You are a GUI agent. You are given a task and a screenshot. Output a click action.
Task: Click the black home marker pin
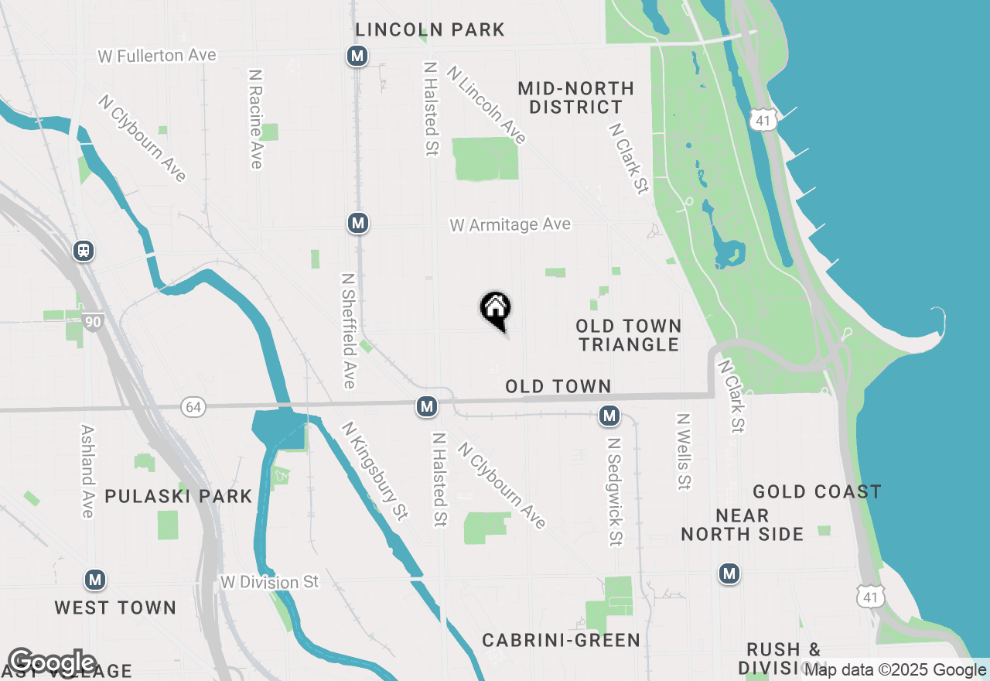pyautogui.click(x=496, y=310)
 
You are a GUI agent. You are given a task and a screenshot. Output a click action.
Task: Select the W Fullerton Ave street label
pyautogui.click(x=157, y=56)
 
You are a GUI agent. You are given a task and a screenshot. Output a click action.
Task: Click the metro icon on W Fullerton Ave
pyautogui.click(x=357, y=56)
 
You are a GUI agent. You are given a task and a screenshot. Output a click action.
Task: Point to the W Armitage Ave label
pyautogui.click(x=510, y=224)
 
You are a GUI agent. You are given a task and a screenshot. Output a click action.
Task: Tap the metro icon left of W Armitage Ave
pyautogui.click(x=357, y=224)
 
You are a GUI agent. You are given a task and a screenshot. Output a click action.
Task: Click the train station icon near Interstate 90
pyautogui.click(x=84, y=251)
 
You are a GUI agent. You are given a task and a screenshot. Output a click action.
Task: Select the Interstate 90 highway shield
pyautogui.click(x=94, y=322)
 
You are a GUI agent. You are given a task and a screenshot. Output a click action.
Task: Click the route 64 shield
pyautogui.click(x=193, y=406)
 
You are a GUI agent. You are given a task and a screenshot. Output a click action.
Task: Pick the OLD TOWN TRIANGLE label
pyautogui.click(x=629, y=335)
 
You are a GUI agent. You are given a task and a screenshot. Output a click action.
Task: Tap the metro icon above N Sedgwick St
pyautogui.click(x=609, y=416)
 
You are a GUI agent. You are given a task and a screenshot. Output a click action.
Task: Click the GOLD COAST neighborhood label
pyautogui.click(x=817, y=492)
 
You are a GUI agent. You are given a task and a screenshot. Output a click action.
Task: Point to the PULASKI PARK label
pyautogui.click(x=179, y=496)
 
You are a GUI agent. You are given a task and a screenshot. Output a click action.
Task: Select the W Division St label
pyautogui.click(x=269, y=582)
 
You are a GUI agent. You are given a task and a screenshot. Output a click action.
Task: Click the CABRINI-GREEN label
pyautogui.click(x=561, y=640)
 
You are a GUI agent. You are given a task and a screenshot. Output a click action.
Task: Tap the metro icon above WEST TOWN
pyautogui.click(x=94, y=580)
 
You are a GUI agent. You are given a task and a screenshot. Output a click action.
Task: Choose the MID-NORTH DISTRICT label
pyautogui.click(x=575, y=98)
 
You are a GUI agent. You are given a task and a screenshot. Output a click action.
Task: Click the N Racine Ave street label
pyautogui.click(x=256, y=118)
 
